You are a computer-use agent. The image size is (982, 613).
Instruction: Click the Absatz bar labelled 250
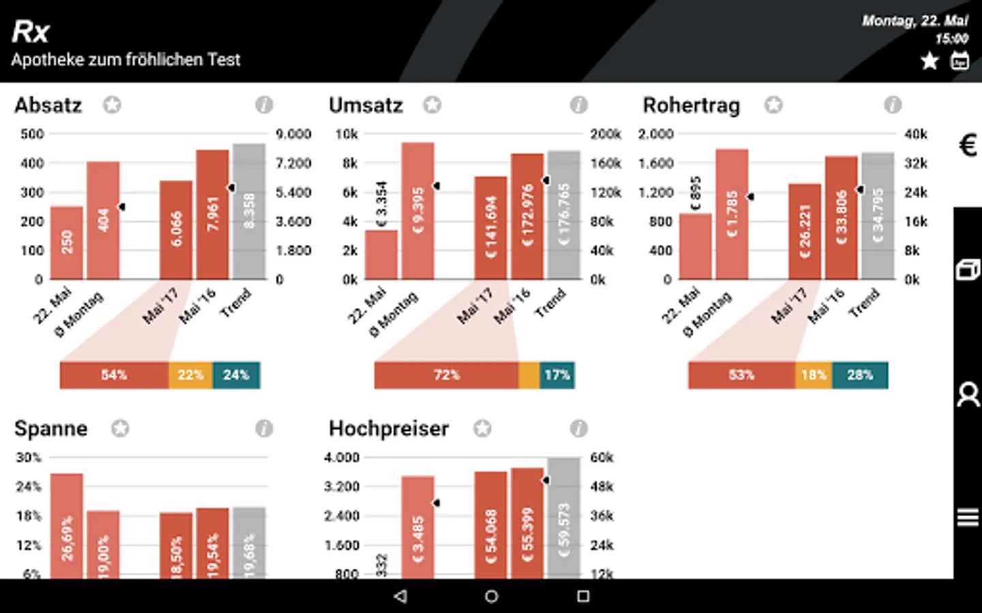click(67, 242)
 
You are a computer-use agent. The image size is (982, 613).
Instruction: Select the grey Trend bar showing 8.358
click(249, 211)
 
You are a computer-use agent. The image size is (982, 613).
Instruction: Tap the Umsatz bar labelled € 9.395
click(417, 210)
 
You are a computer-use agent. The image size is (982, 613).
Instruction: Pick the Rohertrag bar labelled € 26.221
click(805, 232)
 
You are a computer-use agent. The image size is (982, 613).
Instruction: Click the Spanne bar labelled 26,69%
click(67, 526)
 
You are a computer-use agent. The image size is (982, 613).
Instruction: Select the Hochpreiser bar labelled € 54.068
click(491, 525)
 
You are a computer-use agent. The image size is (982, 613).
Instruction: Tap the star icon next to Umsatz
click(432, 105)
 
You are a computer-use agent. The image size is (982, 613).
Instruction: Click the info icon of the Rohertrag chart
click(892, 105)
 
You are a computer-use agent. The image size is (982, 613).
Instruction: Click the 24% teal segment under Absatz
click(236, 375)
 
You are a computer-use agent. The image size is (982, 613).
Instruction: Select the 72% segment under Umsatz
click(447, 375)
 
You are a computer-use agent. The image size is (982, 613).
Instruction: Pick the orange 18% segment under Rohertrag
click(814, 375)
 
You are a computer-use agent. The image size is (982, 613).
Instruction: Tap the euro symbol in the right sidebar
click(968, 145)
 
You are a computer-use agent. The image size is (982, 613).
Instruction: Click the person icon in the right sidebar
click(968, 394)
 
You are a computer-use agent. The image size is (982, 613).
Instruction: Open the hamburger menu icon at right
click(968, 518)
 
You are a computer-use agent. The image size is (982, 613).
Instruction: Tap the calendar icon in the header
click(960, 61)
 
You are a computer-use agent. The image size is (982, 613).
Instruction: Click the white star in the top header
click(929, 61)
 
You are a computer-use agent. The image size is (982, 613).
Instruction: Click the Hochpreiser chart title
click(389, 428)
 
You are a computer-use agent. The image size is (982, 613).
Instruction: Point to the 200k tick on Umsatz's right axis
click(606, 134)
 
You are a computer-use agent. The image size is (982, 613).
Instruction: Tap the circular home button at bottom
click(491, 597)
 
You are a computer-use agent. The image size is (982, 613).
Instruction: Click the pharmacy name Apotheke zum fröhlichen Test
click(126, 60)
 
